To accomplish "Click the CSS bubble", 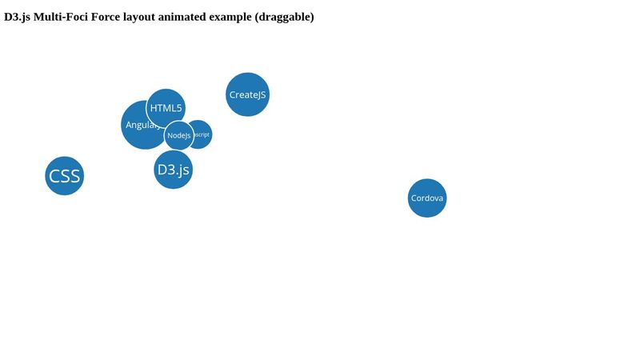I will point(64,176).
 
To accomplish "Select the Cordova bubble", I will point(427,198).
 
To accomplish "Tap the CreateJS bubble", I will point(248,94).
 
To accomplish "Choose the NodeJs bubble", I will point(179,136).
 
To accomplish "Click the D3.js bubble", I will point(173,170).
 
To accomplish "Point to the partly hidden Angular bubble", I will point(134,126).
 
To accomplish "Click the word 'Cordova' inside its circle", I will point(427,198).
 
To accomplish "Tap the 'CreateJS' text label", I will point(248,95).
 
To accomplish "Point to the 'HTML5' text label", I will point(166,108).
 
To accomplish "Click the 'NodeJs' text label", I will point(179,136).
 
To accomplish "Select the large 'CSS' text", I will point(64,176).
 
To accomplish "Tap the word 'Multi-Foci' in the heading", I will point(61,17).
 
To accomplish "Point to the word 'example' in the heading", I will point(233,17).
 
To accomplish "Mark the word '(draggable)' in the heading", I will point(284,17).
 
